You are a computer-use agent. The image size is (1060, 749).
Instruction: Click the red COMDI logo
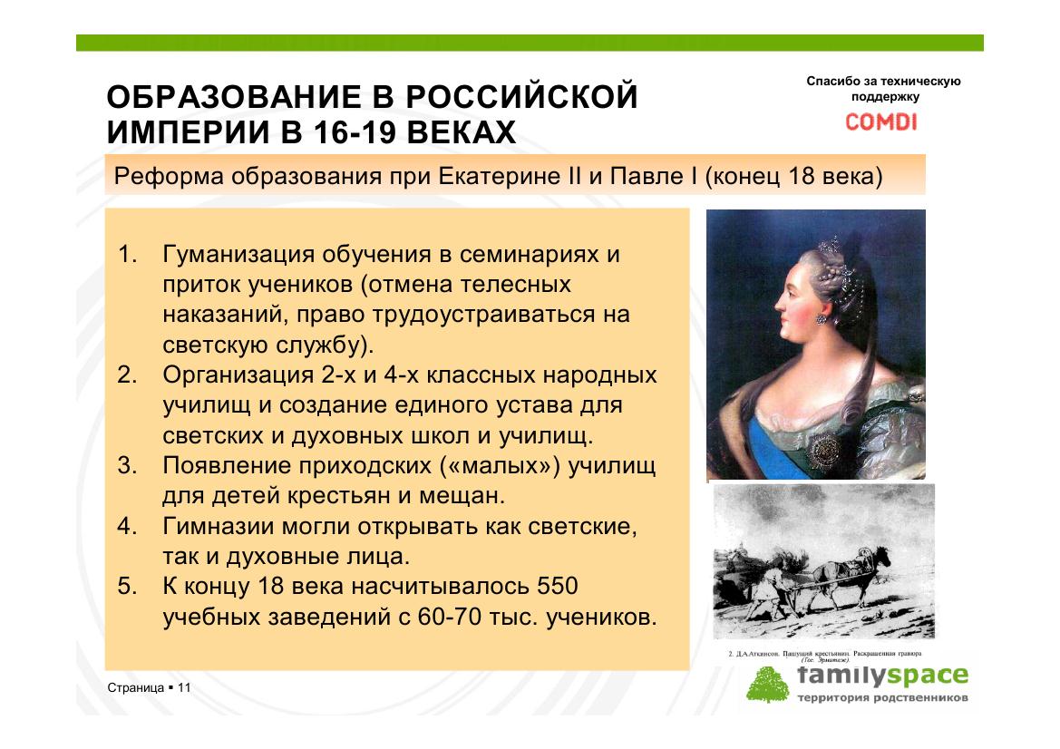(880, 122)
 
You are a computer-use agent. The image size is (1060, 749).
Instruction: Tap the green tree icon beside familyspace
(767, 685)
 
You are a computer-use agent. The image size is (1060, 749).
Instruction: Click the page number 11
(184, 687)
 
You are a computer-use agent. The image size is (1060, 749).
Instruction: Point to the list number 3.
(127, 465)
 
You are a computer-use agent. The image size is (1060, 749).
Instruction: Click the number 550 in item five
(558, 586)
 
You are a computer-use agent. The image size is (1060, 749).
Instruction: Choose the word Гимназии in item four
(219, 526)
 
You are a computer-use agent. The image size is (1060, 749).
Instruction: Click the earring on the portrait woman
(822, 317)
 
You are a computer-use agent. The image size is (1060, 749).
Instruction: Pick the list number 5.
(127, 586)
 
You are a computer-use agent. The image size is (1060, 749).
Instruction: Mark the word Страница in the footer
(136, 687)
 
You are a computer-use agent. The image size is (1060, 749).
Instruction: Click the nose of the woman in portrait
(780, 303)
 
